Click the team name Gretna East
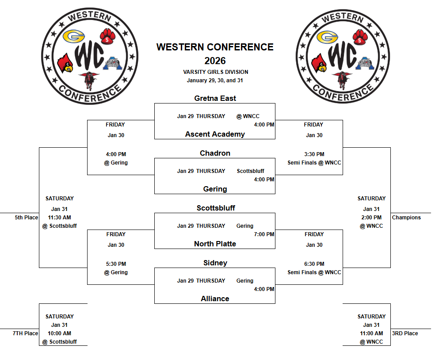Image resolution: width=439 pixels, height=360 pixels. (x=215, y=98)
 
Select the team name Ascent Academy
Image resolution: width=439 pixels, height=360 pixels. (x=215, y=134)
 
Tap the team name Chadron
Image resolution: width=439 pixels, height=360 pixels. (x=215, y=153)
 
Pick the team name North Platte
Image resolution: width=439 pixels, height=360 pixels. (x=215, y=244)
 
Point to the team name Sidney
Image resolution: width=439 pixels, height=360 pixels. (x=215, y=263)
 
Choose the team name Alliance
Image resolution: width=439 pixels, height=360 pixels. (x=215, y=299)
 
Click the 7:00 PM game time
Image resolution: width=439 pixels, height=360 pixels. (x=264, y=234)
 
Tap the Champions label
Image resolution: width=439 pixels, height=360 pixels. (x=406, y=218)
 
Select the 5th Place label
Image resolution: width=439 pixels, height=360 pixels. (x=26, y=218)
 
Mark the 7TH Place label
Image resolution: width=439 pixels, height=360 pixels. (x=25, y=333)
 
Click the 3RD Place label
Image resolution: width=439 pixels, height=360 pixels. (x=405, y=333)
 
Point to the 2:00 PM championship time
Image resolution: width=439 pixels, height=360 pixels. (x=371, y=218)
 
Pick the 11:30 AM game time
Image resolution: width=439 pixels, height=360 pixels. (x=59, y=218)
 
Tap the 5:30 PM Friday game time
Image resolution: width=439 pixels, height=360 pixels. (x=116, y=264)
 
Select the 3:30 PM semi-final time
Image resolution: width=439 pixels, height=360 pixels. (x=314, y=154)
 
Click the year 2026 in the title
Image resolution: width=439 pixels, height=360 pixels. (x=215, y=61)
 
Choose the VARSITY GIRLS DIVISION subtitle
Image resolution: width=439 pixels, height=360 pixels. (x=215, y=72)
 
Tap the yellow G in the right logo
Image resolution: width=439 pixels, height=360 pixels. (x=328, y=37)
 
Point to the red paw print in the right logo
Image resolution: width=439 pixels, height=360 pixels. (x=360, y=36)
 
